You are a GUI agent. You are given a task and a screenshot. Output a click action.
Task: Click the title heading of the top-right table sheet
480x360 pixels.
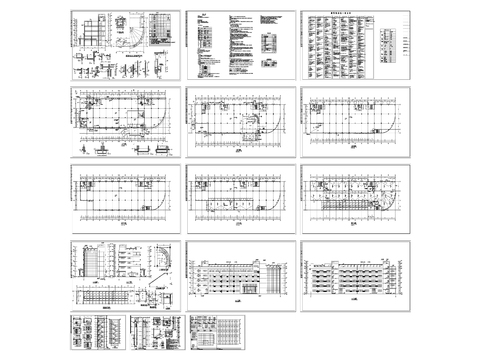click(337, 16)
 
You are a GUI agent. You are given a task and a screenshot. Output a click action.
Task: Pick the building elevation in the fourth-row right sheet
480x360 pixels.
click(352, 275)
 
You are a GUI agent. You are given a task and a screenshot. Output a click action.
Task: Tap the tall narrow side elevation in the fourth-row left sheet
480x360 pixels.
click(91, 262)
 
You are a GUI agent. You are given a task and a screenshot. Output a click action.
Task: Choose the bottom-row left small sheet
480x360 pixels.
click(97, 331)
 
